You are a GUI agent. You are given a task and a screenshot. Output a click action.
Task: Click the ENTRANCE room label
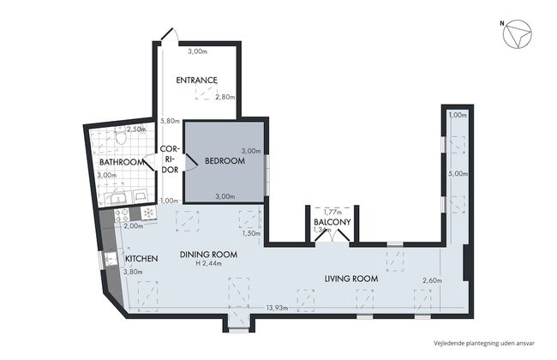point(196,81)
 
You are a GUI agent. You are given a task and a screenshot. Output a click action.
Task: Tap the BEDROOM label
point(225,161)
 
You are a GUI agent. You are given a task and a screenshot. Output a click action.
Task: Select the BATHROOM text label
point(121,162)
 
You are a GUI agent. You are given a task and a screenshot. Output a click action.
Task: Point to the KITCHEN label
point(141,258)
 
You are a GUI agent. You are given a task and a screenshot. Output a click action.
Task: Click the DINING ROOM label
point(207,255)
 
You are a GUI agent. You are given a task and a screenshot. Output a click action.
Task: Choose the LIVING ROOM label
point(351,279)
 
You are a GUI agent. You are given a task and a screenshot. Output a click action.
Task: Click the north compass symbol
point(518,36)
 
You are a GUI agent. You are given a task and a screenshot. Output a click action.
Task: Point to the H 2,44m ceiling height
point(208,265)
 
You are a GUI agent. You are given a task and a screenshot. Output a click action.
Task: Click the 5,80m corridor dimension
point(169,121)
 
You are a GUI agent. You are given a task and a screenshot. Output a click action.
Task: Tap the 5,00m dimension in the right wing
point(458,172)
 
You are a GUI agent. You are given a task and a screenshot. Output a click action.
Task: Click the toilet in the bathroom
point(122,137)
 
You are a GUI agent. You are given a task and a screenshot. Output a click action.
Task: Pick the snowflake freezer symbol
point(147,212)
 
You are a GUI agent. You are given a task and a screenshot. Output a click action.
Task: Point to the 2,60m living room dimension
point(433,281)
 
